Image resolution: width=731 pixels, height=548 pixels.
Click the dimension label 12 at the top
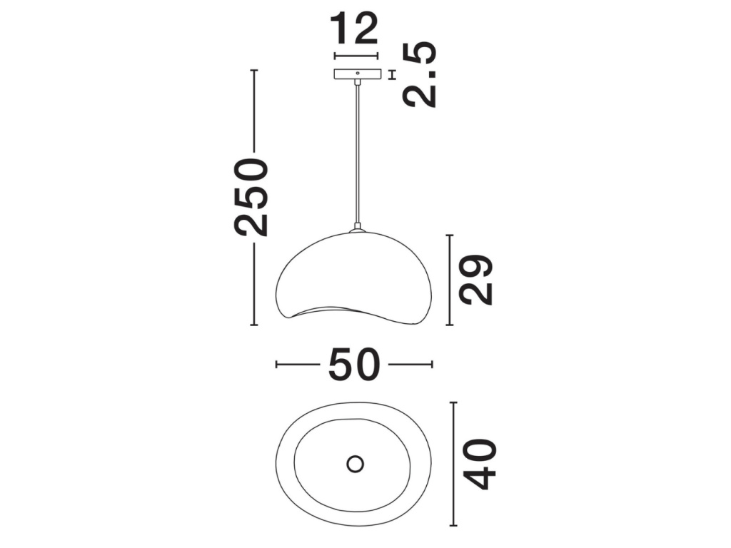click(x=354, y=29)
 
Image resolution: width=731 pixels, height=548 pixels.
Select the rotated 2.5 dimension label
click(x=420, y=75)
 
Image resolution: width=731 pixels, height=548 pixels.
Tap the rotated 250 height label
click(x=251, y=197)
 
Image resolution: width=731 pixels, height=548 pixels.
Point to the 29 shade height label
click(x=476, y=280)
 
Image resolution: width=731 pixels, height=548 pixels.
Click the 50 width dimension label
click(x=354, y=365)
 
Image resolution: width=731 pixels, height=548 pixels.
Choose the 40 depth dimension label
click(x=479, y=464)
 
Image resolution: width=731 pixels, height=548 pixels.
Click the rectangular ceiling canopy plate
click(x=358, y=73)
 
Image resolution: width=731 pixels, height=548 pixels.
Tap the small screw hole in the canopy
click(x=358, y=73)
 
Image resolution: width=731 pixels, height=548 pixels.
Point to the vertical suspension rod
click(x=358, y=155)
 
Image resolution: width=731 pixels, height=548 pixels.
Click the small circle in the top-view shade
click(x=356, y=464)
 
